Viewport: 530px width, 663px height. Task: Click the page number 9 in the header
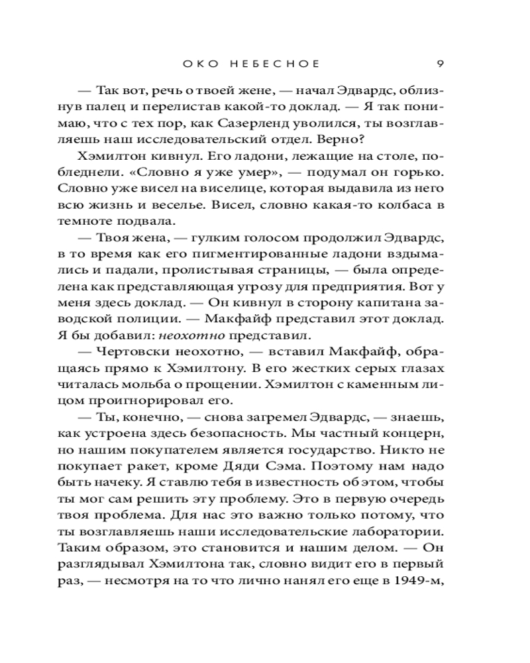click(440, 64)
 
